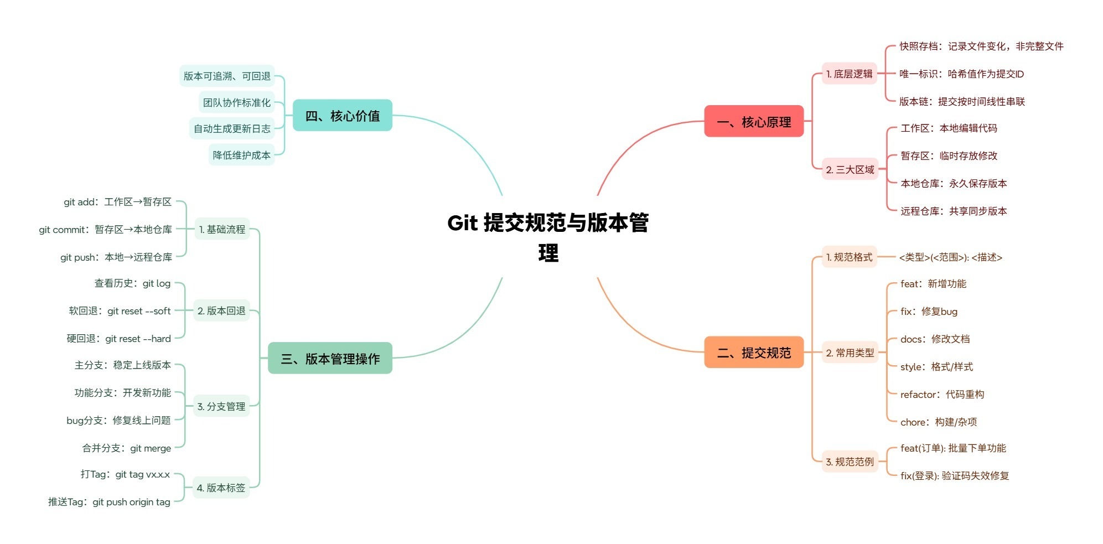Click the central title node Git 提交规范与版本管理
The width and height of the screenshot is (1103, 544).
coord(548,237)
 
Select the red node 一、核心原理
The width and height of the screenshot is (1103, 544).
coord(753,122)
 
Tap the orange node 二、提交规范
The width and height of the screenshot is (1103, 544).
coord(753,353)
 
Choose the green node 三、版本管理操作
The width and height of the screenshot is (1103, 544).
coord(330,359)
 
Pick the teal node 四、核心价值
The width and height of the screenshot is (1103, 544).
coord(342,116)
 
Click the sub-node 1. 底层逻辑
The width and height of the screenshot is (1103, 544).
coord(849,74)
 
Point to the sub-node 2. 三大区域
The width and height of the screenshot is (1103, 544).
coord(850,170)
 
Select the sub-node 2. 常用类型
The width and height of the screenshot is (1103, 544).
coord(850,353)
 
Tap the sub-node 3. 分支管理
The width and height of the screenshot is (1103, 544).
coord(221,406)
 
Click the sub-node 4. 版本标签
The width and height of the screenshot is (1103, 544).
coord(221,488)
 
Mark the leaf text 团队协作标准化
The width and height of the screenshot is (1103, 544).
coord(237,102)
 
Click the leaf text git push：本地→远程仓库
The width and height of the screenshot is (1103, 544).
coord(116,257)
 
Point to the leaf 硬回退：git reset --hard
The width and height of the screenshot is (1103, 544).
coord(118,339)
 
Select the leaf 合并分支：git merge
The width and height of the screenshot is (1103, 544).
coord(126,448)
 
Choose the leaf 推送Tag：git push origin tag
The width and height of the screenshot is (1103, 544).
coord(109,502)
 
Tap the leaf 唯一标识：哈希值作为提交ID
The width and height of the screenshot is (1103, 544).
coord(961,74)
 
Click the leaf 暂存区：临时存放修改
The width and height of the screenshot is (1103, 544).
coord(949,156)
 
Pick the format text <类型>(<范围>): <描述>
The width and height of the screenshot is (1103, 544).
coord(950,257)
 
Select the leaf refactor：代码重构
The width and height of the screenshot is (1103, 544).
coord(942,395)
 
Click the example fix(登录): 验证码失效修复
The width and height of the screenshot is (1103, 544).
coord(954,476)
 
